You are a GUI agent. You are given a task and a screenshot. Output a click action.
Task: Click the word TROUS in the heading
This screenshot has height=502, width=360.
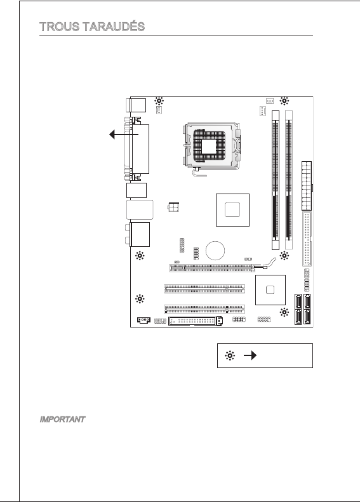(60, 27)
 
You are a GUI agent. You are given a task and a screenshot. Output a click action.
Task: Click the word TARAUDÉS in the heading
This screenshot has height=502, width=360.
(114, 26)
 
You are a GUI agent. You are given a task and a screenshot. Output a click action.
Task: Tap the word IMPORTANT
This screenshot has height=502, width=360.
(62, 419)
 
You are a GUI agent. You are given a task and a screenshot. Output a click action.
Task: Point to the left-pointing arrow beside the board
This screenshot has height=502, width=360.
(124, 135)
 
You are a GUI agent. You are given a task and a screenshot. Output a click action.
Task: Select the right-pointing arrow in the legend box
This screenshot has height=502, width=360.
(250, 355)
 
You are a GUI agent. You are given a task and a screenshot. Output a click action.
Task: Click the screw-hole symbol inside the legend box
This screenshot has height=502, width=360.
(230, 355)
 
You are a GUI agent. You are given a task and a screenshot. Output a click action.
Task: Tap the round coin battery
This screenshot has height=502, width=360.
(215, 251)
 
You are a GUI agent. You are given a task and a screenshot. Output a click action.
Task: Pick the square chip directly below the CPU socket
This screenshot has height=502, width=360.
(232, 210)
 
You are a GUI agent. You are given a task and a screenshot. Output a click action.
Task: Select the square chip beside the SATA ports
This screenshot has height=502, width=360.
(270, 290)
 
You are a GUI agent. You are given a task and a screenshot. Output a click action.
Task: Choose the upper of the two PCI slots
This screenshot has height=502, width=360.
(204, 289)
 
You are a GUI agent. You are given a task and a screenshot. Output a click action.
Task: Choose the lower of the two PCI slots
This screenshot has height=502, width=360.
(204, 309)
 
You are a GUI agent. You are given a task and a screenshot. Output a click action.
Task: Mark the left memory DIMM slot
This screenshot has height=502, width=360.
(276, 180)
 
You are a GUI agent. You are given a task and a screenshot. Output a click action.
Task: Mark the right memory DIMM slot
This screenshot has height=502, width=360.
(289, 180)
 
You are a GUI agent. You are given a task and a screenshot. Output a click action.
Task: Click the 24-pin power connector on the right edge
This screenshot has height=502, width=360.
(307, 186)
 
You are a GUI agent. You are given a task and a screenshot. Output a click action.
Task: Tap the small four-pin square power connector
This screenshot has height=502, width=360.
(173, 207)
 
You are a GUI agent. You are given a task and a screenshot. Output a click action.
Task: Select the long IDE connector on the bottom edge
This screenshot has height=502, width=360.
(196, 320)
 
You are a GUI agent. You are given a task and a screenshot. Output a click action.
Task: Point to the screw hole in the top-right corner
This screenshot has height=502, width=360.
(284, 101)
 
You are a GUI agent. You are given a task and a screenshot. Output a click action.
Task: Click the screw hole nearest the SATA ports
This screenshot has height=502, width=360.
(284, 312)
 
